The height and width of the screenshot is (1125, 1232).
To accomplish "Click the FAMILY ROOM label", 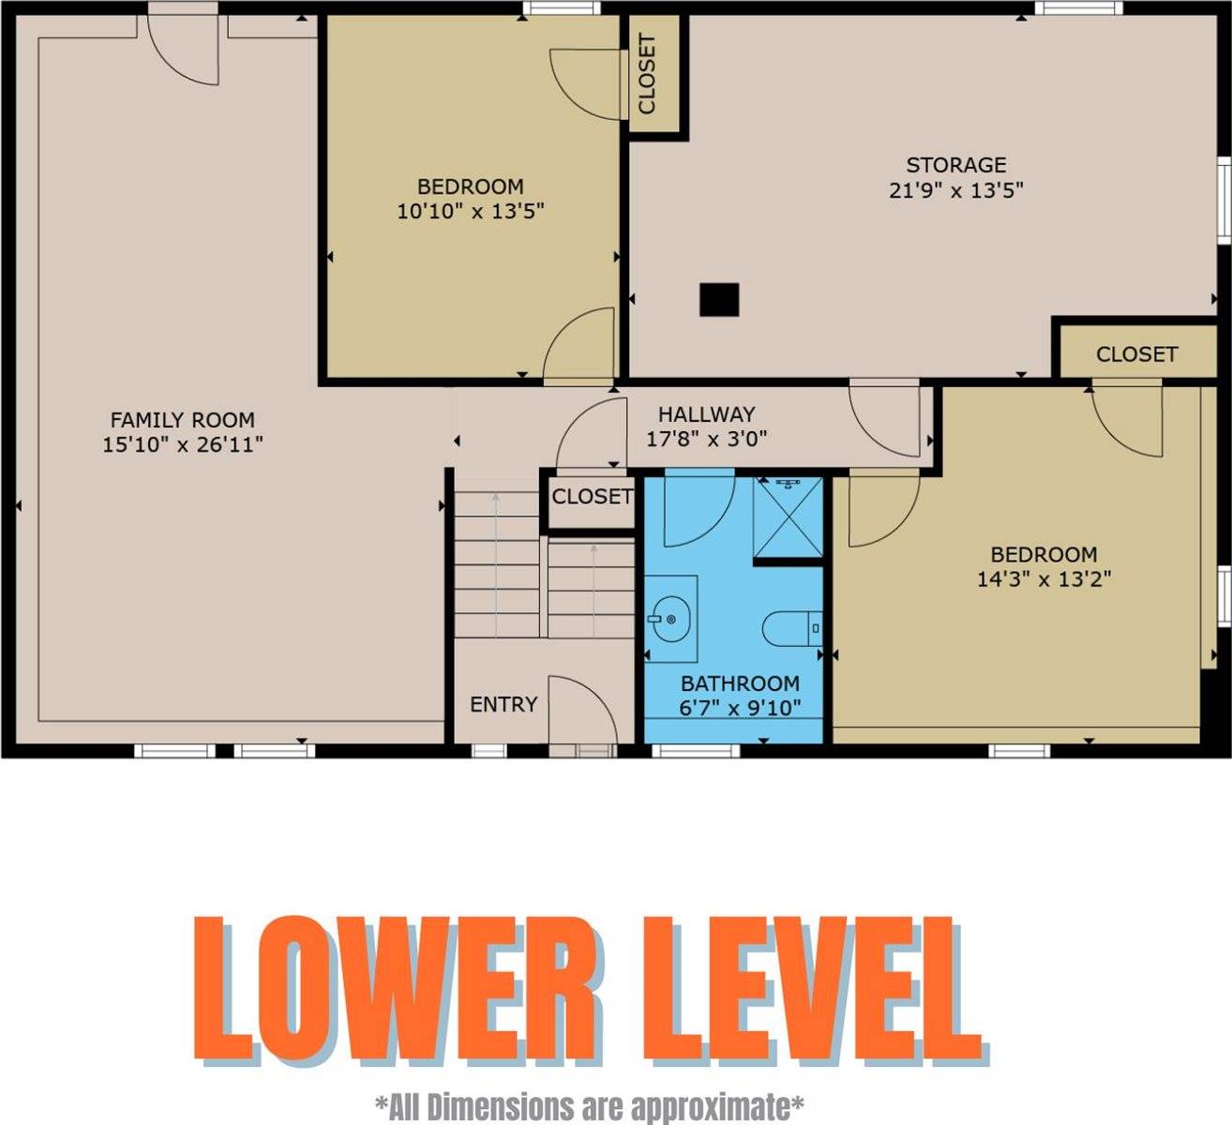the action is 183,420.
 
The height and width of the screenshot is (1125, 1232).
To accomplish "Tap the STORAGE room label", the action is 956,165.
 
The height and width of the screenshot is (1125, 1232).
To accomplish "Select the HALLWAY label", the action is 706,414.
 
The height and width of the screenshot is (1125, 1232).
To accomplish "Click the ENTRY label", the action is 503,704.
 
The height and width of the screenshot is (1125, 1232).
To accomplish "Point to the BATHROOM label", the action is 740,683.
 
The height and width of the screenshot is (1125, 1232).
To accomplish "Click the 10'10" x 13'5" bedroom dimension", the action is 471,211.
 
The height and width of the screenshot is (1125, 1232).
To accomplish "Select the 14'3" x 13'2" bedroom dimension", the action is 1044,579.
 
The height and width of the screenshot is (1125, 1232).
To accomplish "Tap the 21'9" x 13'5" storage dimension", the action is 956,190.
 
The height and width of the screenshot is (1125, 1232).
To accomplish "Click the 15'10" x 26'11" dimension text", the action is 183,444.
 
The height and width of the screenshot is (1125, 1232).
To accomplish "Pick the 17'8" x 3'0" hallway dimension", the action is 706,439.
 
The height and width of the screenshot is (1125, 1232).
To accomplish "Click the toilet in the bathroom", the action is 792,628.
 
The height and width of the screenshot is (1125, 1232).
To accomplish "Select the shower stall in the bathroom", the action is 788,517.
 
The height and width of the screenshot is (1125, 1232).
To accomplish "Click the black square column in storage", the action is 719,300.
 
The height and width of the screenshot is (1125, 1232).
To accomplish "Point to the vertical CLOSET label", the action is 647,74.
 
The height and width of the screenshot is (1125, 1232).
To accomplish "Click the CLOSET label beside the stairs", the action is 592,496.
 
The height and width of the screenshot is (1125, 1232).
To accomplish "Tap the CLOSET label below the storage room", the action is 1136,354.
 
